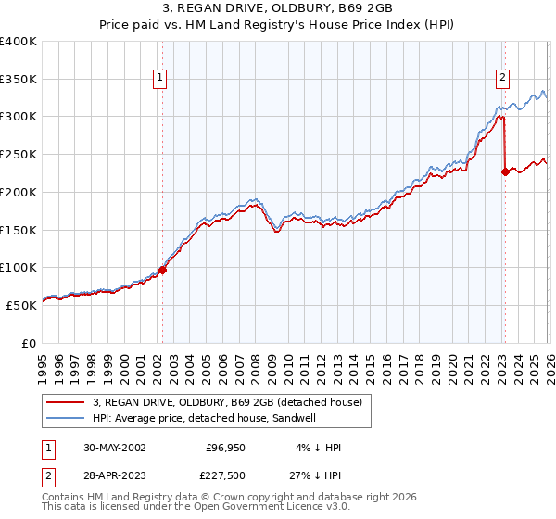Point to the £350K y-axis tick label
pyautogui.click(x=18, y=80)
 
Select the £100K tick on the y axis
pyautogui.click(x=18, y=267)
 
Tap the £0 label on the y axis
pyautogui.click(x=28, y=342)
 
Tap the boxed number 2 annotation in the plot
pyautogui.click(x=503, y=79)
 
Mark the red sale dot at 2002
pyautogui.click(x=162, y=270)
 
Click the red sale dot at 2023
pyautogui.click(x=505, y=171)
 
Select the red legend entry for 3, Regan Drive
pyautogui.click(x=232, y=402)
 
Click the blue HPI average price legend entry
pyautogui.click(x=217, y=418)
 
